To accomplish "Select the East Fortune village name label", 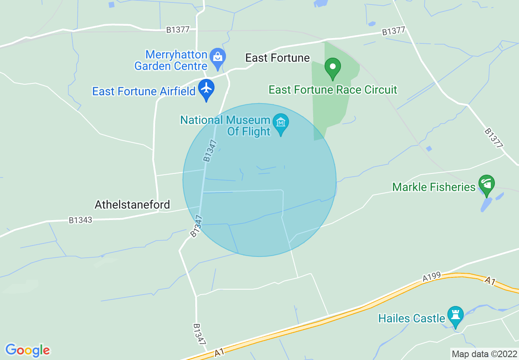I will point(278,58).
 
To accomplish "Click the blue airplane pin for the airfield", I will point(207,88).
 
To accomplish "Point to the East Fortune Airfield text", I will point(144,91).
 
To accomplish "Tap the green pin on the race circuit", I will point(333,67).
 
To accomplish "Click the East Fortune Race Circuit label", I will point(333,90).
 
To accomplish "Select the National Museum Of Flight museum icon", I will point(281,122).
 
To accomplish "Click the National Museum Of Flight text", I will point(225,126).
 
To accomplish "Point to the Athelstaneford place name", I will point(132,205).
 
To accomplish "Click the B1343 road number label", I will point(81,220).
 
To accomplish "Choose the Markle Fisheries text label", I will point(434,187).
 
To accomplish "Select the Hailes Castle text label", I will point(411,318).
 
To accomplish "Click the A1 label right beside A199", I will point(490,281).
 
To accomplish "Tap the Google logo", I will point(27,350).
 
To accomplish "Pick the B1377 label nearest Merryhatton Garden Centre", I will point(178,30).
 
